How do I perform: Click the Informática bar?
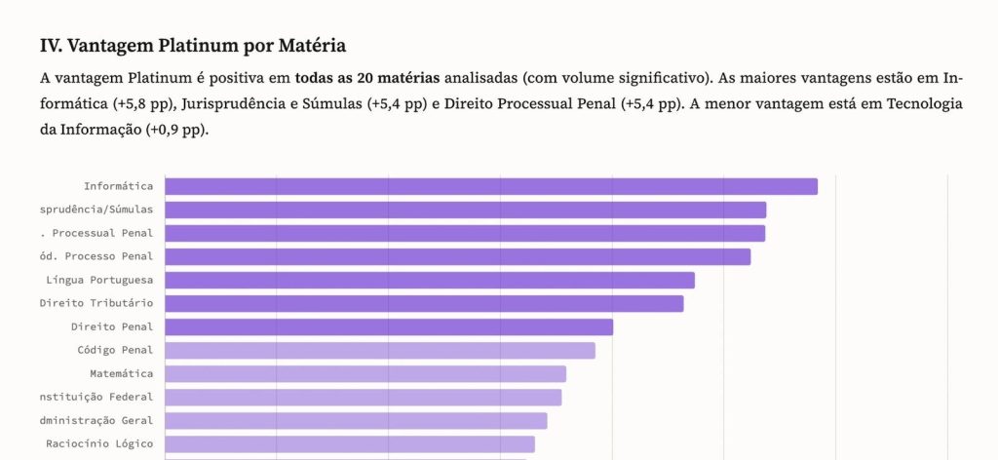490,186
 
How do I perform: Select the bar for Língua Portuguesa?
429,280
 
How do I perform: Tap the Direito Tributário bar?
424,303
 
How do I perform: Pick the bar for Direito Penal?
389,326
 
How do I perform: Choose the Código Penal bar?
379,350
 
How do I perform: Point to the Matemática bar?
365,373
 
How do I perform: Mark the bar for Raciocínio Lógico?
350,443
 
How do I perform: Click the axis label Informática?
118,186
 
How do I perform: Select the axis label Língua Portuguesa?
99,280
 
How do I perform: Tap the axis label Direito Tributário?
96,303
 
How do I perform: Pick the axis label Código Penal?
115,350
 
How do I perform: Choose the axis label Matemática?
121,373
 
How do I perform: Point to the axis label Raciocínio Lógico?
99,443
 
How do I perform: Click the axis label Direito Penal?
112,326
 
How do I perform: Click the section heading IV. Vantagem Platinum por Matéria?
193,46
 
